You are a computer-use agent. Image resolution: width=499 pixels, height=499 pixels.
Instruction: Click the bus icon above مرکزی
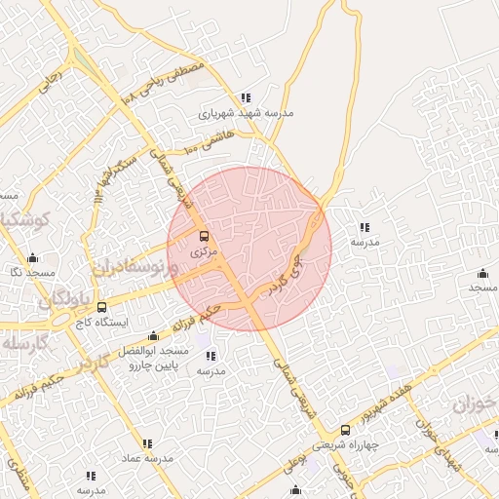click(204, 237)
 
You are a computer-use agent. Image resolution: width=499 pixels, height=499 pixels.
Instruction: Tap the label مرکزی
click(203, 252)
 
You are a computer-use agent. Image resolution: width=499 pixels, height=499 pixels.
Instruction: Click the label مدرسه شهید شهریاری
click(245, 113)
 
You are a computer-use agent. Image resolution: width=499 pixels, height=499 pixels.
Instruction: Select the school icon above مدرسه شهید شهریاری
click(246, 97)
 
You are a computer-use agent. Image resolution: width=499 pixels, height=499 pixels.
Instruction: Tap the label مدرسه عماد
click(147, 457)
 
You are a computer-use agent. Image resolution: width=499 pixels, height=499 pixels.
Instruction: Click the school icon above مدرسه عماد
click(147, 441)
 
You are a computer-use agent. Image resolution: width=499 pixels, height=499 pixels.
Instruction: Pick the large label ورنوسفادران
click(136, 268)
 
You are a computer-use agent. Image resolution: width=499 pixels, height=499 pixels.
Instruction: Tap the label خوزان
click(475, 403)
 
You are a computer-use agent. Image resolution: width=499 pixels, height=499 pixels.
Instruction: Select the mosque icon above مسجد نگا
click(32, 258)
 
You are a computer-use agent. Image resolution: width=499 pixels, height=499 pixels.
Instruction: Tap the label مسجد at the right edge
click(482, 288)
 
